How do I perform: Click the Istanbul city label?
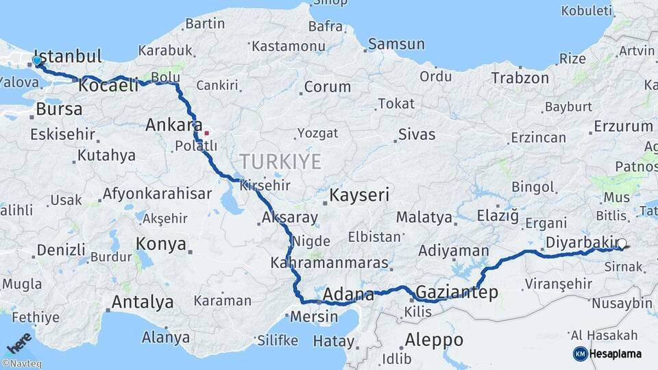coord(68,56)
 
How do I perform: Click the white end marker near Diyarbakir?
coord(621,243)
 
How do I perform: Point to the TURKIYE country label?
coord(280,162)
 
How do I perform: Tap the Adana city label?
coord(348,295)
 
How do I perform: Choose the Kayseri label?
coord(359,195)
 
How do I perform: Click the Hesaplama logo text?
coord(616,354)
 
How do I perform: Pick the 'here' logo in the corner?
coord(19,342)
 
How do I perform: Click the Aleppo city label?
coord(434,339)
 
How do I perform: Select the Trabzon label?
coord(520,78)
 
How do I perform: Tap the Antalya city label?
coord(143,301)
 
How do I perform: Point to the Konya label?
coord(161,243)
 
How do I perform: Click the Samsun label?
coord(396,45)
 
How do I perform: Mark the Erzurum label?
coord(623,126)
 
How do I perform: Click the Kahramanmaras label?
coord(329,263)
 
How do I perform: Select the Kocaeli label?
coord(109,86)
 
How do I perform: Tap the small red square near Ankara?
coord(206,132)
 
